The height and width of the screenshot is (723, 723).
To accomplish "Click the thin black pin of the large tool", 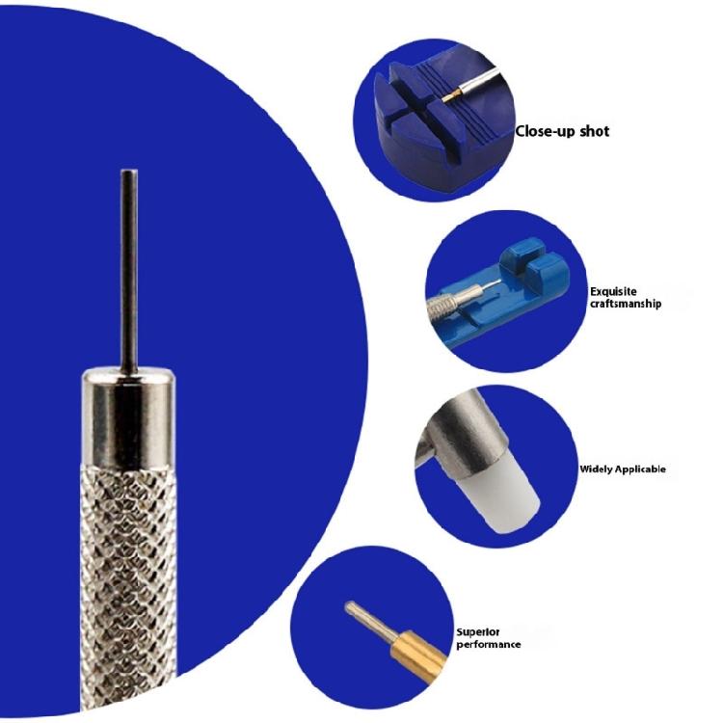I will tap(127, 270).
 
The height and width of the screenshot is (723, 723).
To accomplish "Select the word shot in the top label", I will tap(594, 131).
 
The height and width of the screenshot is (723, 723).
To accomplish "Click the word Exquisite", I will tap(613, 291).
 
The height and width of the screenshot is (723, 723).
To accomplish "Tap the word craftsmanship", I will tap(626, 304).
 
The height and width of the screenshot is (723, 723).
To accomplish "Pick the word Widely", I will tap(598, 470).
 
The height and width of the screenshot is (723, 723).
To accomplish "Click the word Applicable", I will tap(643, 470).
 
